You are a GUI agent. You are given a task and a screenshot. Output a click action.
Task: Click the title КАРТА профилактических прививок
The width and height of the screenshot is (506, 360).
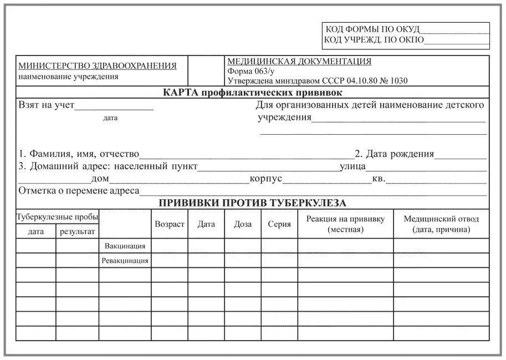(253, 92)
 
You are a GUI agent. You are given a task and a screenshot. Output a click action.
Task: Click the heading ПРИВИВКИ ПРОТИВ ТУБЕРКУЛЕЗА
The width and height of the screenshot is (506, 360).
(253, 203)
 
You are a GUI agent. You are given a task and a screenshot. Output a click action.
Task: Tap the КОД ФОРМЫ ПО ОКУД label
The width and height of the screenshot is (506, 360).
(372, 29)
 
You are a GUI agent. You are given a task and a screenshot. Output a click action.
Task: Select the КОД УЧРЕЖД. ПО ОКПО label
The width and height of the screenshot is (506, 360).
(374, 40)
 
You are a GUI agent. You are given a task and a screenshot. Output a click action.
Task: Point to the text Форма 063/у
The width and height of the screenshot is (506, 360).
(251, 71)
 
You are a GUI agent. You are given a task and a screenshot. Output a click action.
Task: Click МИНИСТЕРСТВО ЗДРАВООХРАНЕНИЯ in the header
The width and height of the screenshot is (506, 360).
(98, 66)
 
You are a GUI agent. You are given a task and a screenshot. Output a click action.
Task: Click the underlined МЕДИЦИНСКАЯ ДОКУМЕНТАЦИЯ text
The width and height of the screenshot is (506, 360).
(299, 62)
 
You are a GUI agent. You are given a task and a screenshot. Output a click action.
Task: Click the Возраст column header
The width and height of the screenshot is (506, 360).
(170, 224)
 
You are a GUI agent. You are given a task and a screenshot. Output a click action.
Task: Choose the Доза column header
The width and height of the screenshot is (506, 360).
(243, 224)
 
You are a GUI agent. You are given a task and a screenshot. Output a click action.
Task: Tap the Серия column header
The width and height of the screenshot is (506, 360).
(279, 224)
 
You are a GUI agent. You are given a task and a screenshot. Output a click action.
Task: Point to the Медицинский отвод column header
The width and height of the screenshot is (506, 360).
(441, 224)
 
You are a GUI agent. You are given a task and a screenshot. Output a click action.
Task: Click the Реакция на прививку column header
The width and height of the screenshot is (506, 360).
(345, 224)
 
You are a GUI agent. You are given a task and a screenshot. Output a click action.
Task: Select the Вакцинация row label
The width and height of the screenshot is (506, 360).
(125, 246)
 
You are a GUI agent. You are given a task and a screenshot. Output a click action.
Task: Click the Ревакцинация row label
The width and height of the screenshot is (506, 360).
(125, 260)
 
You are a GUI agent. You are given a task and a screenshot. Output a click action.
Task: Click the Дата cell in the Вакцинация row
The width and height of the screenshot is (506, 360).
(206, 246)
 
